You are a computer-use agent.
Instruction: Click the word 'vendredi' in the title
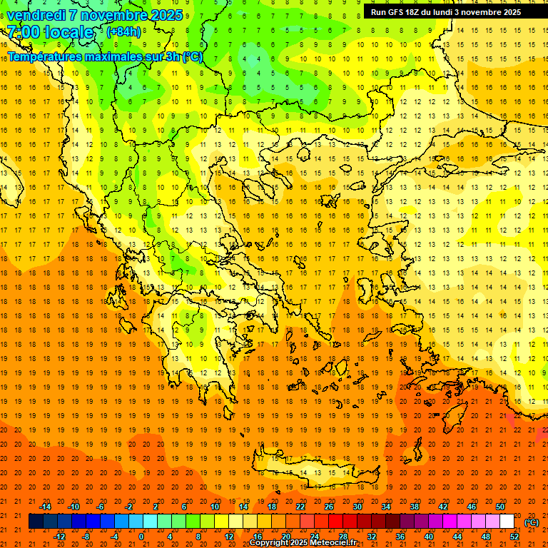(36, 15)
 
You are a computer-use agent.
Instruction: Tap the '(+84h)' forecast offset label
(123, 32)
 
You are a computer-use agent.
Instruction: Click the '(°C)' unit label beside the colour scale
(532, 522)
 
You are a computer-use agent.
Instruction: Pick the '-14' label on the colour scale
(45, 507)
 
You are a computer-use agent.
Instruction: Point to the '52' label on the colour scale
(514, 537)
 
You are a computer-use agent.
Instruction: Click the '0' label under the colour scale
(141, 537)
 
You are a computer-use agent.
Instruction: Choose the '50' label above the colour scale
(500, 507)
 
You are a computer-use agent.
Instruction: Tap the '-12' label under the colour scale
(59, 537)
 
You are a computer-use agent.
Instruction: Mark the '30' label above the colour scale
(357, 507)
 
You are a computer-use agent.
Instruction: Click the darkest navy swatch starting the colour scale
(36, 522)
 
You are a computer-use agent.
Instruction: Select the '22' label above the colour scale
(300, 507)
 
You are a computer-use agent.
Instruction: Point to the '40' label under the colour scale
(429, 537)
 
